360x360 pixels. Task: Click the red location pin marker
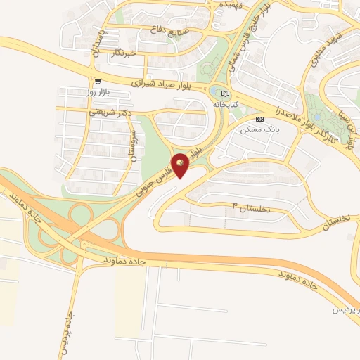[181, 165]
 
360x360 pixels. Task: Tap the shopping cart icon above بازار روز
[97, 82]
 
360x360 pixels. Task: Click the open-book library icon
[225, 94]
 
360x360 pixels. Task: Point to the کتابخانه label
[225, 103]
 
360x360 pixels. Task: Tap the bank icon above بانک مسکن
[259, 119]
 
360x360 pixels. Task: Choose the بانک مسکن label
[255, 129]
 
